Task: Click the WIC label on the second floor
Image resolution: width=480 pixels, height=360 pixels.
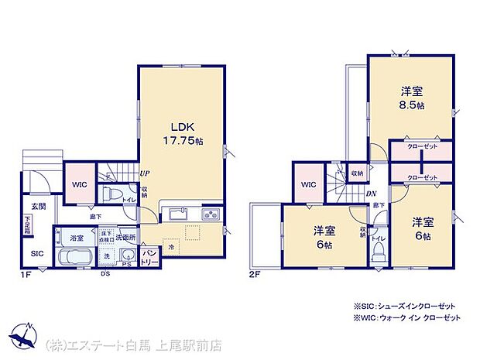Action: pyautogui.click(x=308, y=184)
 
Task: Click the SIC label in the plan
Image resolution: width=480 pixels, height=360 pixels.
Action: pyautogui.click(x=36, y=253)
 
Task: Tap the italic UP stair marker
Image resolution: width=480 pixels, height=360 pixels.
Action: pyautogui.click(x=144, y=174)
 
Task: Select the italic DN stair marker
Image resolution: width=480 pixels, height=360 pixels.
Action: pyautogui.click(x=371, y=194)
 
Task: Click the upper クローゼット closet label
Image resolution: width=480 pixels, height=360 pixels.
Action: pyautogui.click(x=422, y=147)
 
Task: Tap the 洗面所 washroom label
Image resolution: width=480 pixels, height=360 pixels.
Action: pyautogui.click(x=125, y=237)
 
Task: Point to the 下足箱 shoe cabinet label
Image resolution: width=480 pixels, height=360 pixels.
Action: pyautogui.click(x=28, y=225)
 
